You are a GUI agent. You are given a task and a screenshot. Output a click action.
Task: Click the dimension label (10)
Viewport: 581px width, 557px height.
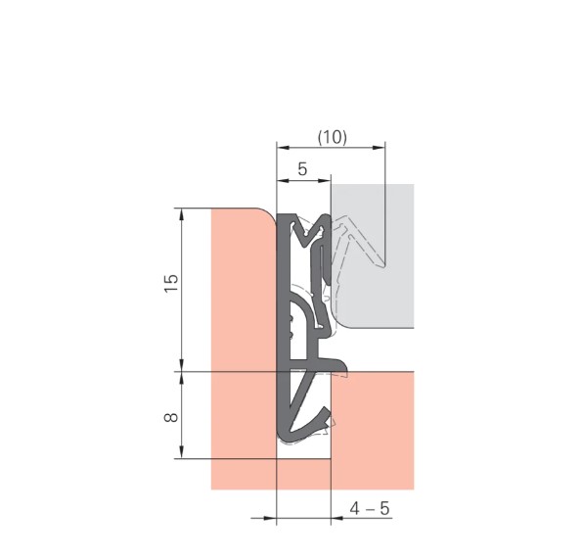coord(333,137)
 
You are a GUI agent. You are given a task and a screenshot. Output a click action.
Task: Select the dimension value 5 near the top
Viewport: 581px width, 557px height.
coord(303,169)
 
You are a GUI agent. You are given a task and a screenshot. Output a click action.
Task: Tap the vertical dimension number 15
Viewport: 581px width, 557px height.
coord(171,283)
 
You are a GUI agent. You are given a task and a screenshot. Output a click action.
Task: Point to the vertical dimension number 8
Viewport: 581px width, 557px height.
coord(171,417)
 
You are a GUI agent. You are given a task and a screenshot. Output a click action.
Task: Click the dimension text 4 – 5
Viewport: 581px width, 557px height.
coord(370,508)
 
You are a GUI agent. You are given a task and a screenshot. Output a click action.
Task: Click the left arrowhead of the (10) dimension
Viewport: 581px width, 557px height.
coord(283,148)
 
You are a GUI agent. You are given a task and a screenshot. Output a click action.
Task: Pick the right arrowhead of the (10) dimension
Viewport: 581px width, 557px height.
coord(380,148)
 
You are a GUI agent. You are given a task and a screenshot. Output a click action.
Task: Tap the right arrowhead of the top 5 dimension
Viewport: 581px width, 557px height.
coord(324,180)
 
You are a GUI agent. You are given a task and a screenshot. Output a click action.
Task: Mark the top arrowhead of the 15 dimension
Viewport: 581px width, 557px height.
coord(181,214)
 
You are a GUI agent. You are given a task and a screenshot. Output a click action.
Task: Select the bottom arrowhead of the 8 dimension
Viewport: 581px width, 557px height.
coord(181,452)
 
